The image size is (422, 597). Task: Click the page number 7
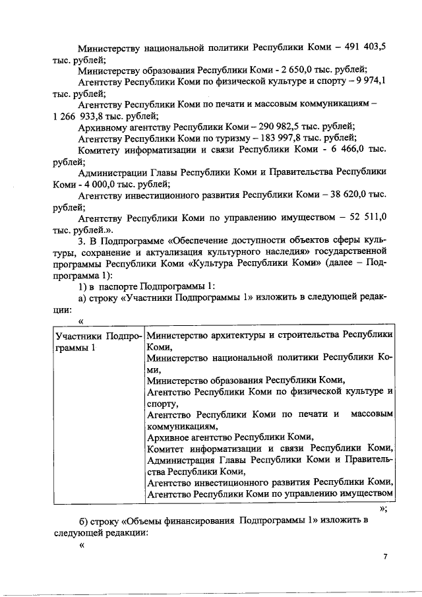tap(386, 557)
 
